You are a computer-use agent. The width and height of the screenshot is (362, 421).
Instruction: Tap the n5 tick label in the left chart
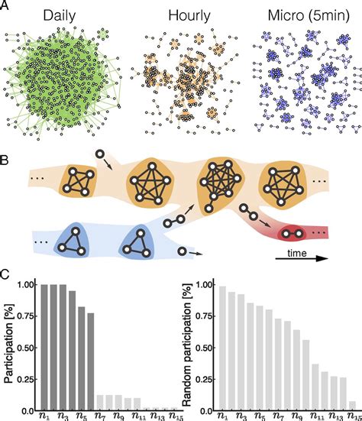[x=81, y=416]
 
